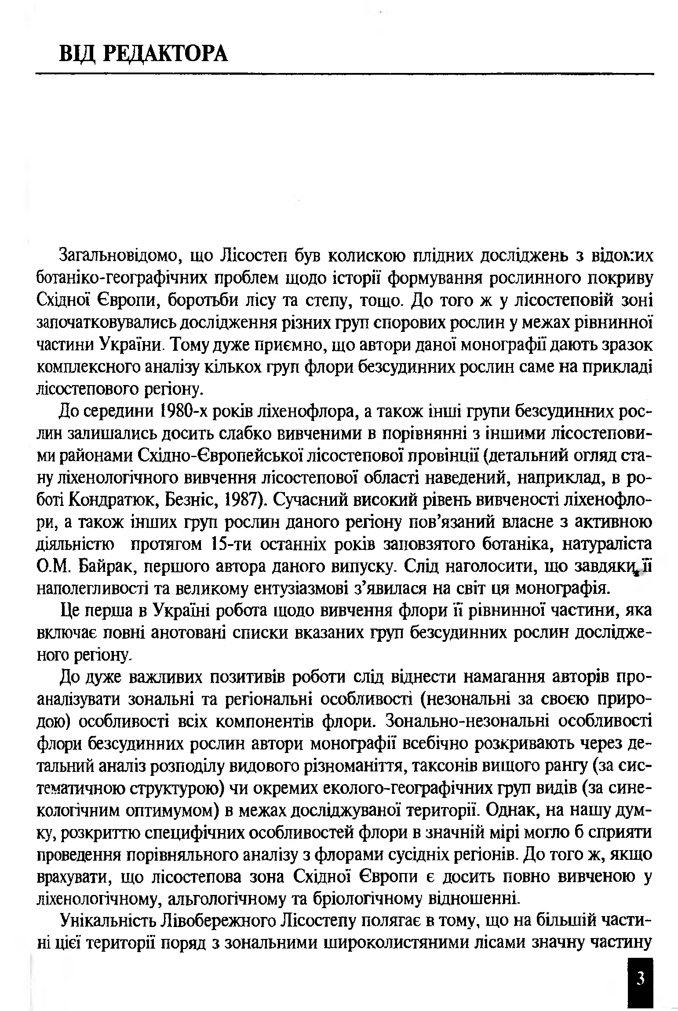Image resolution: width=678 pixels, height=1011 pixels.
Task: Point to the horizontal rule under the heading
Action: coord(345,73)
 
